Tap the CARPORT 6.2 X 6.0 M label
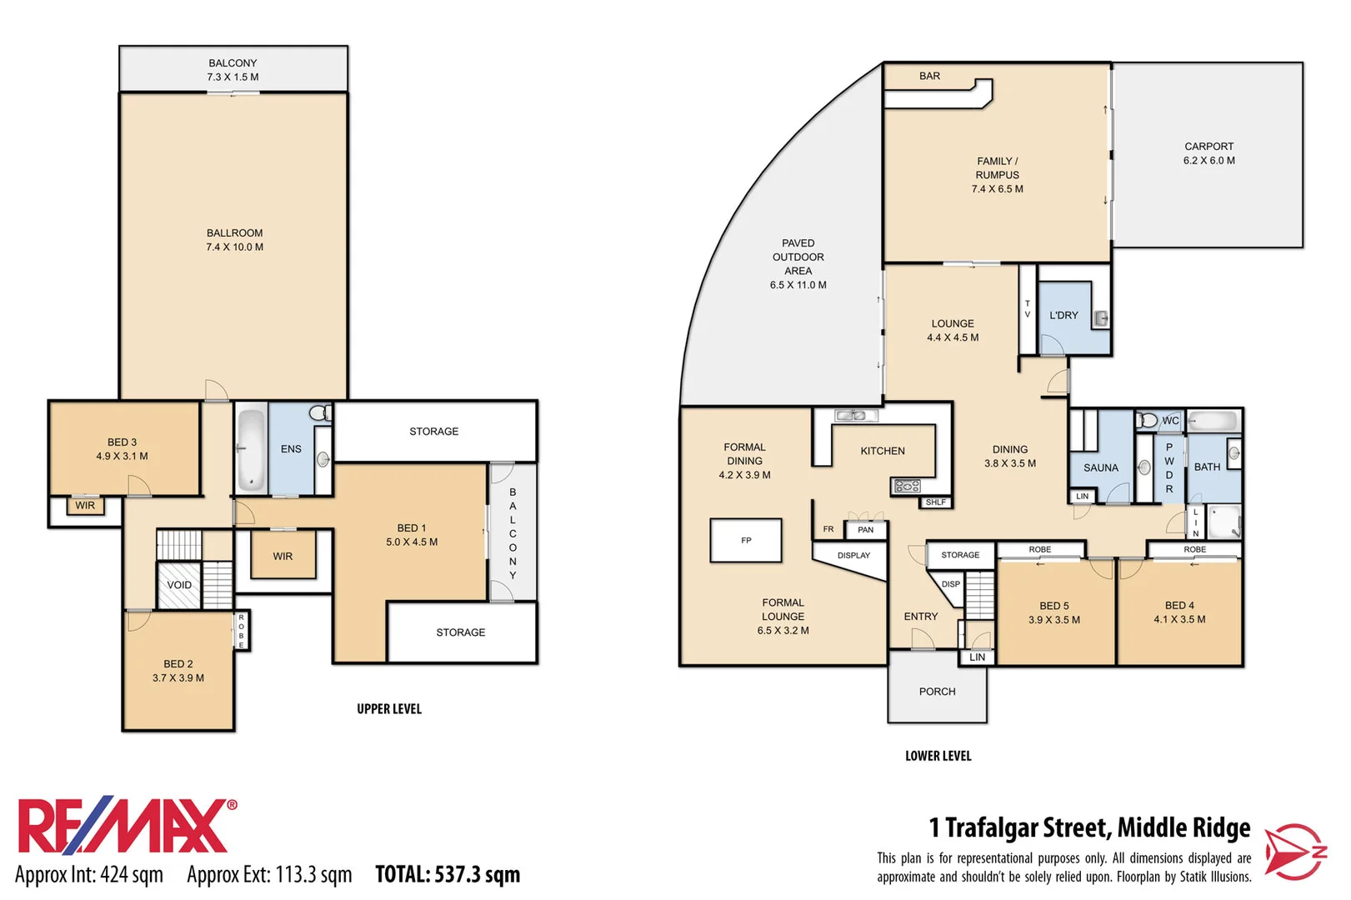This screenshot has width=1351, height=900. pos(1208,153)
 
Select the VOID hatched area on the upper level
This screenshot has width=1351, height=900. pos(179,585)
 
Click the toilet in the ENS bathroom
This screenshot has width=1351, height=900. pos(318,412)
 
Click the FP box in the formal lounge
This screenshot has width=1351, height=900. pos(746,541)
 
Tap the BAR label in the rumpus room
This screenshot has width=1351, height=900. pos(929,76)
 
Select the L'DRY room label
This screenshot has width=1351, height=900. pos(1063,315)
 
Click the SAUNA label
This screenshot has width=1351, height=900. pos(1100,467)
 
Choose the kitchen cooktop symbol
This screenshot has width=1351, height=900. pos(907,486)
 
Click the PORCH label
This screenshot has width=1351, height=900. pos(937,692)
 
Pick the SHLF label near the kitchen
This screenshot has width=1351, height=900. pos(936,502)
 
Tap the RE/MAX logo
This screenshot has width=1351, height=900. pos(125,826)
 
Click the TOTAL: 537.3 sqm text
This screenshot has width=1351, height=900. pos(448,874)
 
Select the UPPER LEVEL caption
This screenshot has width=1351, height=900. pos(389,709)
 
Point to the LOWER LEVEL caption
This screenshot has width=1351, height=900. pos(938,756)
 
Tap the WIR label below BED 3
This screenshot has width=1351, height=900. pos(85,506)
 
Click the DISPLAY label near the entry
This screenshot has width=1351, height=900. pos(853,555)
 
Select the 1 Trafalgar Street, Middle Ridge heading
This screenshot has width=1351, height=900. pos(1089,827)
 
